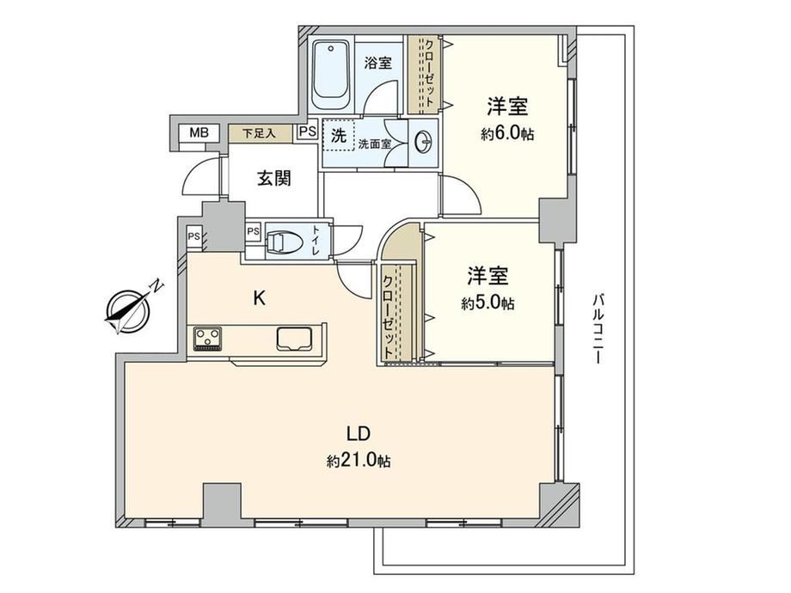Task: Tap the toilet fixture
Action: [x=285, y=242]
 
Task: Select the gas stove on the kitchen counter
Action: [x=208, y=339]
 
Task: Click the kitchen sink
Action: [x=295, y=338]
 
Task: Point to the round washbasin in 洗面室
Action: [x=424, y=143]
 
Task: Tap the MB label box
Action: [x=199, y=133]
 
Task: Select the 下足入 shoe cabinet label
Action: [x=260, y=133]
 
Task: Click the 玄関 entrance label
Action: [x=274, y=178]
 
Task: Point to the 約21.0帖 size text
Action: [x=359, y=461]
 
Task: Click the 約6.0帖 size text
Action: [x=507, y=134]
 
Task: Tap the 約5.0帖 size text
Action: [x=487, y=303]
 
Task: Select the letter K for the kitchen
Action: [x=259, y=299]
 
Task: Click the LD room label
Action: [x=359, y=434]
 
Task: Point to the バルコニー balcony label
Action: [x=598, y=329]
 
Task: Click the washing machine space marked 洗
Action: [x=339, y=135]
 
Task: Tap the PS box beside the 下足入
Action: [x=307, y=131]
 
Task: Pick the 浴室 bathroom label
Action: [x=377, y=63]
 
